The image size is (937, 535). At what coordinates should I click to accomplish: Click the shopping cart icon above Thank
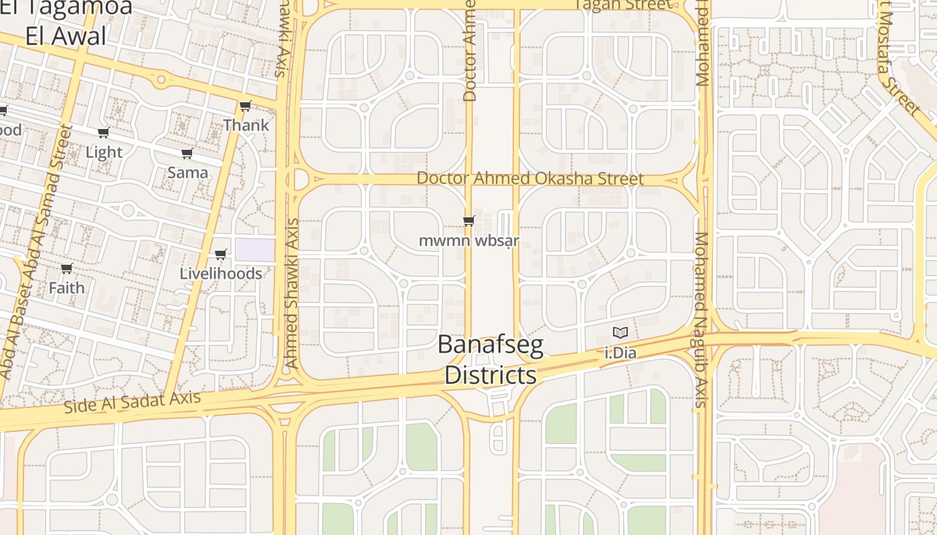click(246, 106)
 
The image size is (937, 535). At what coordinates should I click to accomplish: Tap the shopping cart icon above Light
click(104, 132)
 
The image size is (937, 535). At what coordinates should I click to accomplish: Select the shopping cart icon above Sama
click(187, 153)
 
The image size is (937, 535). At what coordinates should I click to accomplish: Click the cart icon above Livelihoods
click(221, 254)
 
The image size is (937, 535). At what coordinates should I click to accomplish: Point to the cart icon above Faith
click(66, 268)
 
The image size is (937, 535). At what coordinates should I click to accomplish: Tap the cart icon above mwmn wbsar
click(468, 220)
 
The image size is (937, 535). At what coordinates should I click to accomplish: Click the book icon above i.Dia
click(620, 332)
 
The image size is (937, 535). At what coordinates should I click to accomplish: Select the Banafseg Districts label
click(491, 360)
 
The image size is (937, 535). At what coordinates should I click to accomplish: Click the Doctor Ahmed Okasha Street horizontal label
click(530, 179)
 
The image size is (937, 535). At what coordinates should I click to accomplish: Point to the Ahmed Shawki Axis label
click(291, 293)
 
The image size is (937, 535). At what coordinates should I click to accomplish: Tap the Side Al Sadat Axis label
click(133, 402)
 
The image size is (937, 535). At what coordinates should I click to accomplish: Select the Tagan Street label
click(622, 5)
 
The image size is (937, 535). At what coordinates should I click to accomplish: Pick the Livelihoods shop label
click(221, 274)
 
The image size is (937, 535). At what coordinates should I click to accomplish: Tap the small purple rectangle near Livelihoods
click(254, 249)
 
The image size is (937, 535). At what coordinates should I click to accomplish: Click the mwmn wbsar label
click(468, 240)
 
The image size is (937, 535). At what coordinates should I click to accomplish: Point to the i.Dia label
click(620, 352)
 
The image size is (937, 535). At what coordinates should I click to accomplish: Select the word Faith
click(66, 288)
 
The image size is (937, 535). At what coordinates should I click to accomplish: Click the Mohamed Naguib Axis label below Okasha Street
click(701, 320)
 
